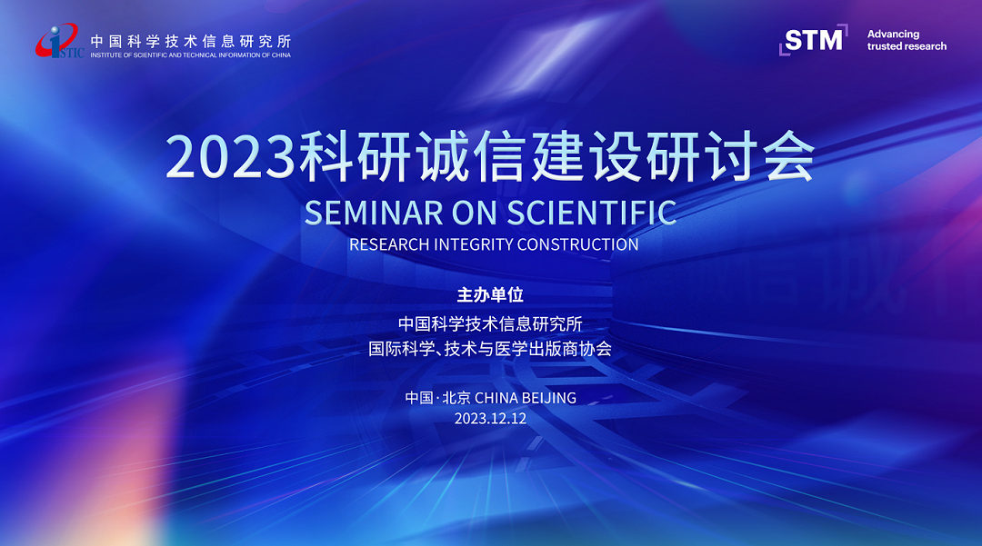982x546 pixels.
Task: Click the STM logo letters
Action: click(814, 41)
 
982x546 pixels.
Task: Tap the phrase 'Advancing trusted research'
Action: click(907, 40)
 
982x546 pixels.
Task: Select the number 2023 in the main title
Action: click(230, 156)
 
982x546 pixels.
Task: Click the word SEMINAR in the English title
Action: click(374, 213)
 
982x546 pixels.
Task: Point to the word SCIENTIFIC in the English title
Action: click(592, 213)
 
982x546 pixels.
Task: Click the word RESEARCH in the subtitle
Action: click(389, 244)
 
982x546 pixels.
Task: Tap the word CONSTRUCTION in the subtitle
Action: click(578, 244)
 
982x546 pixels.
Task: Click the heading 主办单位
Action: click(490, 294)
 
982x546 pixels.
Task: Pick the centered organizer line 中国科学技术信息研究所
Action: click(490, 323)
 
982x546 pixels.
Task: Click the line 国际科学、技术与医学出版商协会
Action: click(490, 348)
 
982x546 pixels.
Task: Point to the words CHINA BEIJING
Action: click(526, 398)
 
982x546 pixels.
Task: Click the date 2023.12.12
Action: click(490, 419)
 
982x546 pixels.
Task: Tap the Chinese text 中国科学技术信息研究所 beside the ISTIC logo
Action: click(191, 41)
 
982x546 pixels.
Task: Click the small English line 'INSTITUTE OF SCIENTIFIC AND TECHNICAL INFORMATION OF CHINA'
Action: click(190, 55)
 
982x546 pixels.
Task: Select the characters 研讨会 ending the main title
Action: click(730, 156)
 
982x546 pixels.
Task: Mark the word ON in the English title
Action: click(474, 213)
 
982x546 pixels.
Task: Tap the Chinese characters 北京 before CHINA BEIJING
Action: click(456, 398)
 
